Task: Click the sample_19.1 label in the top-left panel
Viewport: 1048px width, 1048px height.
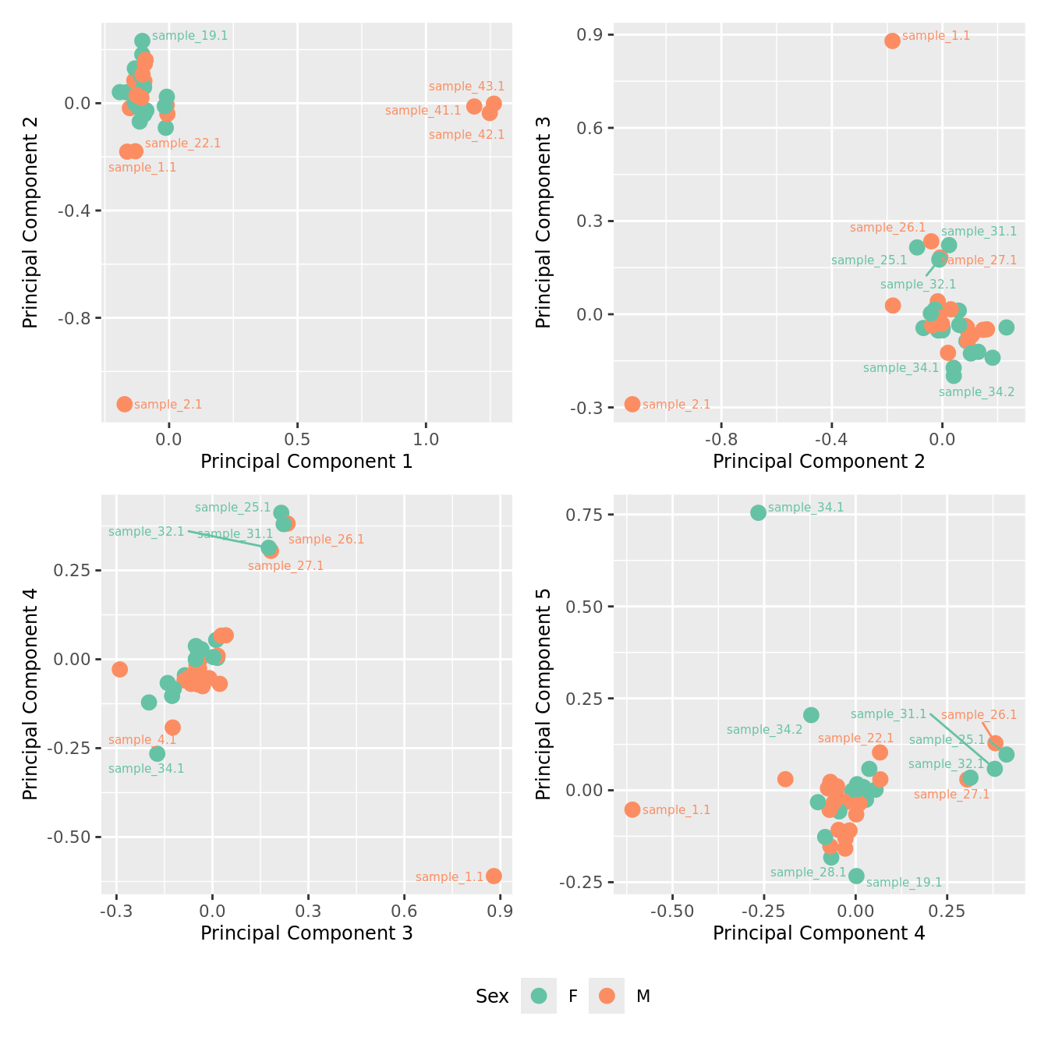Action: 189,36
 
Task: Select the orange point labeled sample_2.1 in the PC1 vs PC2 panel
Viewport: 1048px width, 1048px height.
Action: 125,404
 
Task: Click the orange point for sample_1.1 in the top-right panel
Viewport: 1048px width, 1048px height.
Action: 892,41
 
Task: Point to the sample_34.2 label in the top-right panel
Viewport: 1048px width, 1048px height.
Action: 976,391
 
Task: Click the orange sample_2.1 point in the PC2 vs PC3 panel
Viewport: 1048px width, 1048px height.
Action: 632,404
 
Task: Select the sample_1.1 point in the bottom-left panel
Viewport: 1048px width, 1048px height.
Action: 494,876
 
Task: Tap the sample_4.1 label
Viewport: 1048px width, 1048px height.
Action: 143,740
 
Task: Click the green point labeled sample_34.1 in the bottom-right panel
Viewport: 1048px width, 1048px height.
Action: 758,512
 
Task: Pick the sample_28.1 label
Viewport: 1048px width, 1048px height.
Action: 808,873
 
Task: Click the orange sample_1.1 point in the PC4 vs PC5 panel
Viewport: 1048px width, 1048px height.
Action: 632,809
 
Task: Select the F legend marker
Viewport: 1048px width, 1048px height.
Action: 539,996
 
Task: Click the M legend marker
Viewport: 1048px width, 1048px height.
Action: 607,996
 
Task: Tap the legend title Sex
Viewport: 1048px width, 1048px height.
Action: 492,996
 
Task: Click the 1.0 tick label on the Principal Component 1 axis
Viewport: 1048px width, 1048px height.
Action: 426,439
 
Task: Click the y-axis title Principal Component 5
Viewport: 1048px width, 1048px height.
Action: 543,694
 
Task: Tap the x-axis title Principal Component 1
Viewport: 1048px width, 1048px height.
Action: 306,462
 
